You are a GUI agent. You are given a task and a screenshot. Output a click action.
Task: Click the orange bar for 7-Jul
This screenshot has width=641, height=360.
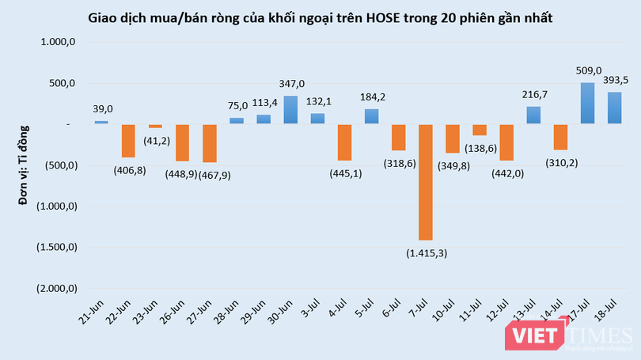point(425,181)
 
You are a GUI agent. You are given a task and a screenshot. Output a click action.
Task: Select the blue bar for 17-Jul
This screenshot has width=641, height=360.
point(588,103)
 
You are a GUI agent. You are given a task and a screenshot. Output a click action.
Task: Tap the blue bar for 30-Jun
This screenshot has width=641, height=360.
point(290,109)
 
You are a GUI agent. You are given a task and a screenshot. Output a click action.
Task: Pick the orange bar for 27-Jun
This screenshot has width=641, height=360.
point(209,143)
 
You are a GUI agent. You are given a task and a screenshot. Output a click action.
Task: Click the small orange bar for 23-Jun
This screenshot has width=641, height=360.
point(155,126)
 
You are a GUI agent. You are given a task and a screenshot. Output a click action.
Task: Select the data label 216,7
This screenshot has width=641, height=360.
point(534,94)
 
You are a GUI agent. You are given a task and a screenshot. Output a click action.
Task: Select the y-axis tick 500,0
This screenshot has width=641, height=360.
point(62,83)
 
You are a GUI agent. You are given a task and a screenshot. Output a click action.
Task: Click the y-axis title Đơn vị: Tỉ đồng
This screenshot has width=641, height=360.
point(24,165)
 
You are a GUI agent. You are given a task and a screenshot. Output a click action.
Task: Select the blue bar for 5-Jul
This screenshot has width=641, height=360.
point(371,116)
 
